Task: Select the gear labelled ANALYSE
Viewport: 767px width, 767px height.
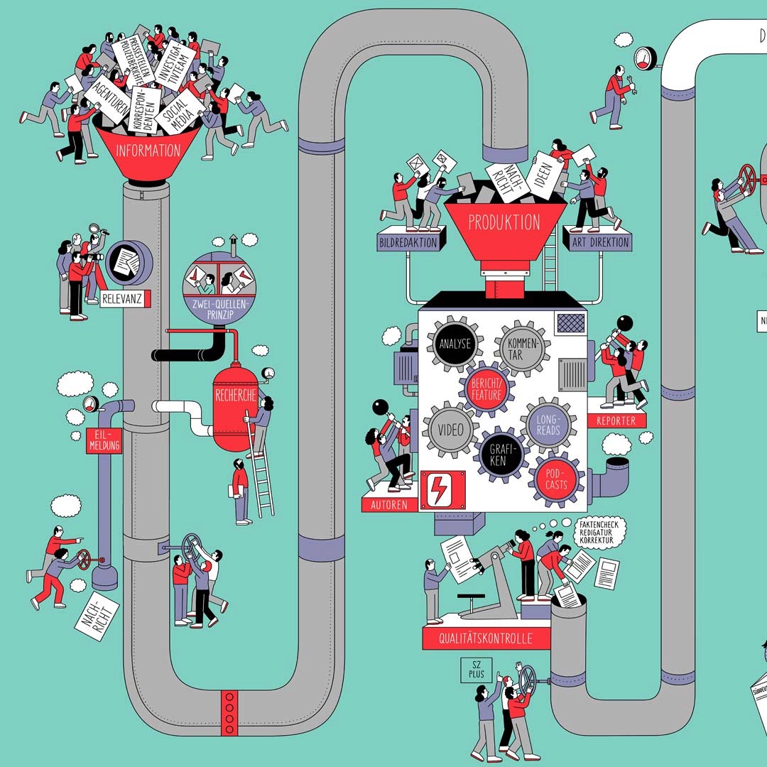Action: (455, 344)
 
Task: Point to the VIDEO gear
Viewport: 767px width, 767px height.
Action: (450, 430)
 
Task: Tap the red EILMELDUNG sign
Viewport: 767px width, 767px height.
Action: (104, 440)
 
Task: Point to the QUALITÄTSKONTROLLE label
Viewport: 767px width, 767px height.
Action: (486, 638)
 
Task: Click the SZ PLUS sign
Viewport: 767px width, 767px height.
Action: (476, 670)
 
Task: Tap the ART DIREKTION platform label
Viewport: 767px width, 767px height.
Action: (600, 242)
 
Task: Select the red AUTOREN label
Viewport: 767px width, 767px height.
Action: (389, 505)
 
